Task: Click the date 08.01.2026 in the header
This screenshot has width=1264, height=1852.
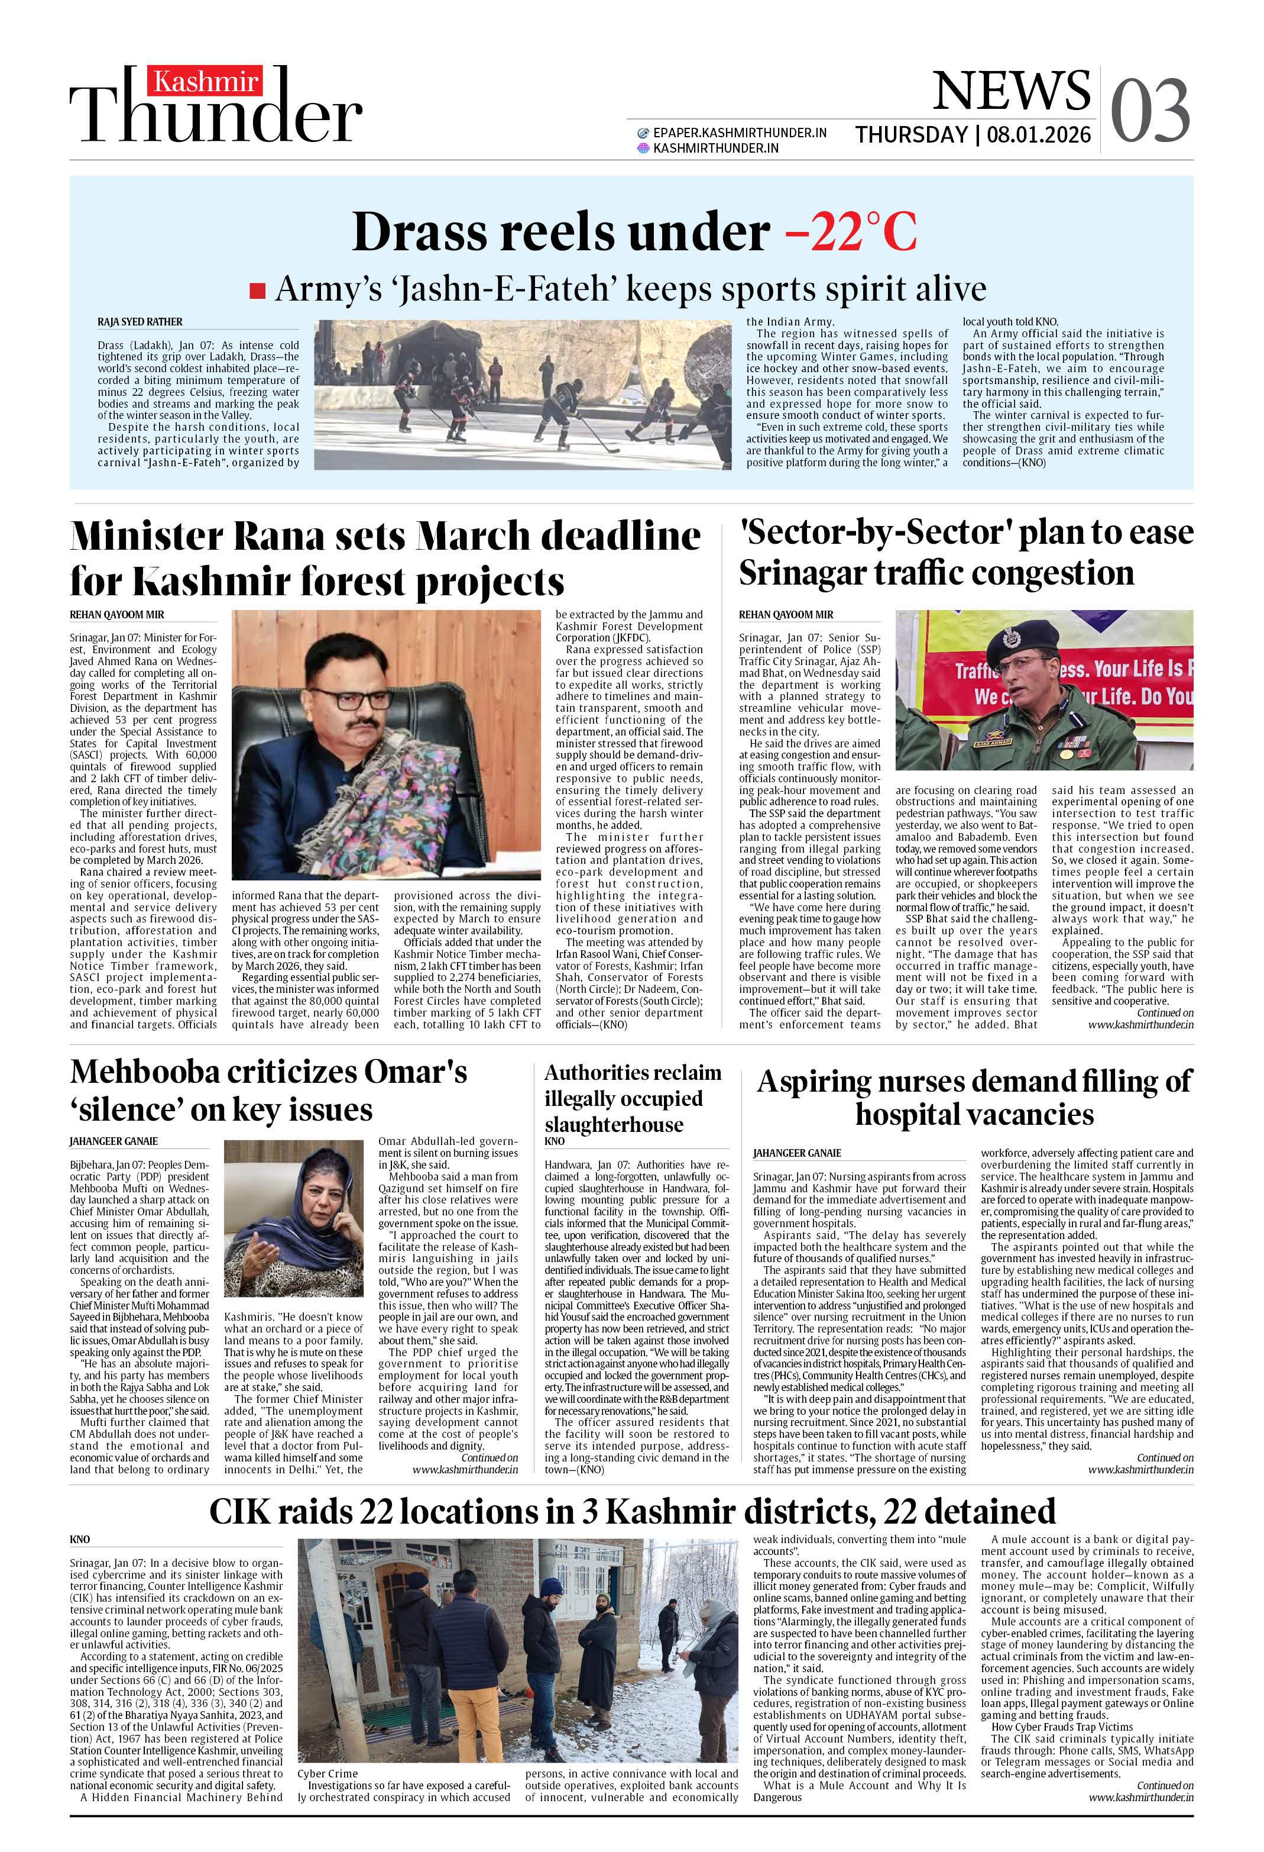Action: tap(1039, 135)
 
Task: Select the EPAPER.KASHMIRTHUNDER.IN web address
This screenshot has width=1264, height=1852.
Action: tap(739, 133)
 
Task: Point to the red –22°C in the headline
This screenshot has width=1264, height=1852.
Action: tap(851, 232)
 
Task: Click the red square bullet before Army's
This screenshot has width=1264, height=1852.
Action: tap(257, 290)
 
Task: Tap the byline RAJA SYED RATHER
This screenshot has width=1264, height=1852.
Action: tap(140, 322)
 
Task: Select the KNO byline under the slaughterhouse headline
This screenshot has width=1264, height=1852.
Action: tap(555, 1141)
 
